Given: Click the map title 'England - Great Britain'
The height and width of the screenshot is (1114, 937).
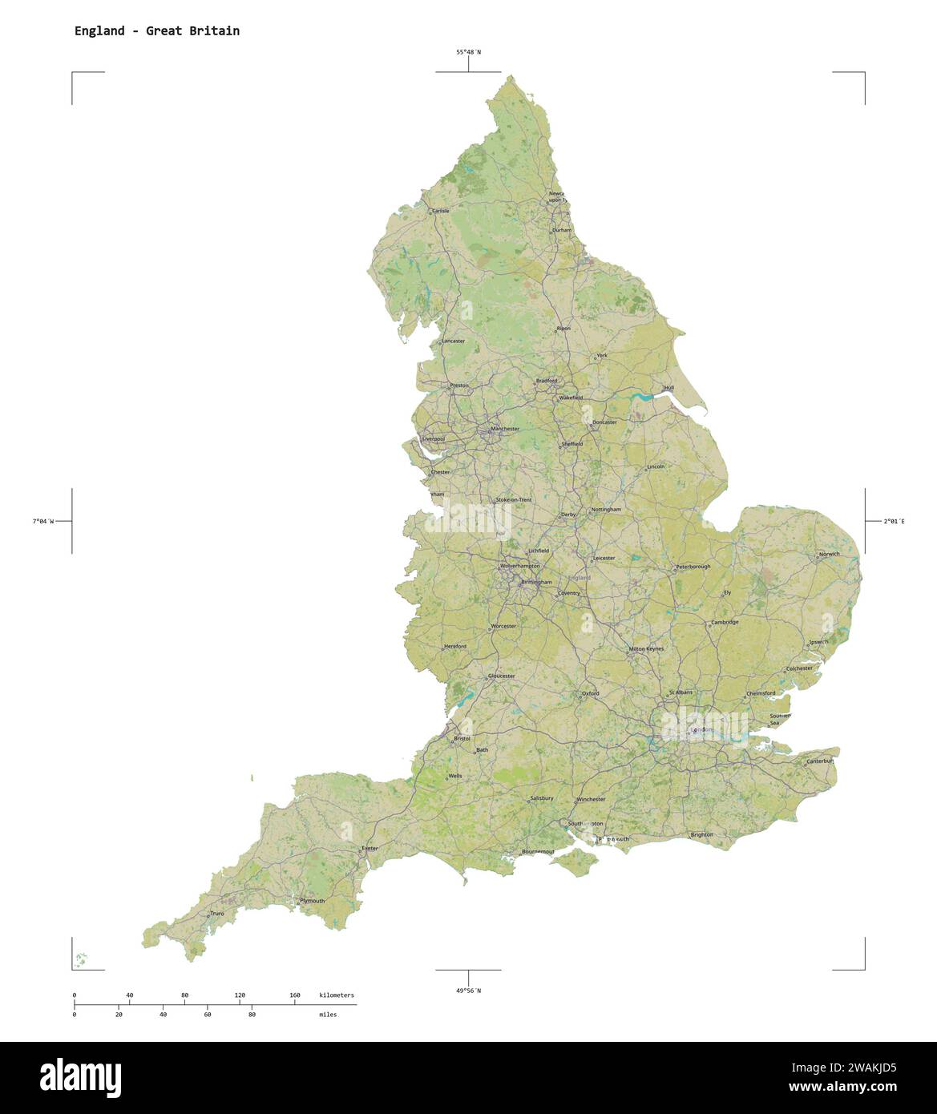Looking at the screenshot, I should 157,31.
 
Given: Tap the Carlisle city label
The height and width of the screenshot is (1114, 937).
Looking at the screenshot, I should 440,211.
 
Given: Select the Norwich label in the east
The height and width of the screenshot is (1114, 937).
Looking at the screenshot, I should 829,554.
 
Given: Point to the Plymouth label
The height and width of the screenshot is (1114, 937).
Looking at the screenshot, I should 313,900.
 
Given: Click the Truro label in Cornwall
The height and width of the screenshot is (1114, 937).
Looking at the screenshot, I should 217,913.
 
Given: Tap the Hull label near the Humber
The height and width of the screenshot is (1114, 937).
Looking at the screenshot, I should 669,388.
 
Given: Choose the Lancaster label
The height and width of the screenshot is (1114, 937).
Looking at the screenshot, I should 453,341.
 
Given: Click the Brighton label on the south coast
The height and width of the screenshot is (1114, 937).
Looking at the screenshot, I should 702,834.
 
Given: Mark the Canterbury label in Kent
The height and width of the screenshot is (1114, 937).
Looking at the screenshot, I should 821,761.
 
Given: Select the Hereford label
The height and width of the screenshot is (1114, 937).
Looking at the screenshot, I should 454,646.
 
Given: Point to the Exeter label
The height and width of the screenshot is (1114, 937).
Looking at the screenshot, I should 370,847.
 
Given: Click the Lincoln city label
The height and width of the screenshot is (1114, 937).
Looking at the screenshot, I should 656,466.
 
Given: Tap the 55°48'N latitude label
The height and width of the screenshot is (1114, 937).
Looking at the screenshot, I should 469,52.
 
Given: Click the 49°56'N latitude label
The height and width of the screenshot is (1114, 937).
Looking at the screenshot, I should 469,991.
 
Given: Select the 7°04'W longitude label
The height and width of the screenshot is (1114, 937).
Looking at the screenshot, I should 43,521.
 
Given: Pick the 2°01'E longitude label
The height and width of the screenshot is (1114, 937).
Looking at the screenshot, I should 894,521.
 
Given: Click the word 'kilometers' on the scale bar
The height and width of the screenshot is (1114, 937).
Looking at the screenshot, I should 336,995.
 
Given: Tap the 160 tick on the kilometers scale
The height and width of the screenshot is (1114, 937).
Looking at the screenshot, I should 295,995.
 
